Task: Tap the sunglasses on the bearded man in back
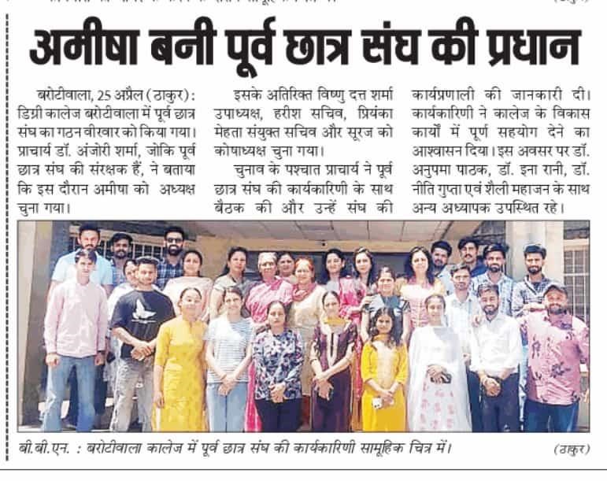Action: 175,240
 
